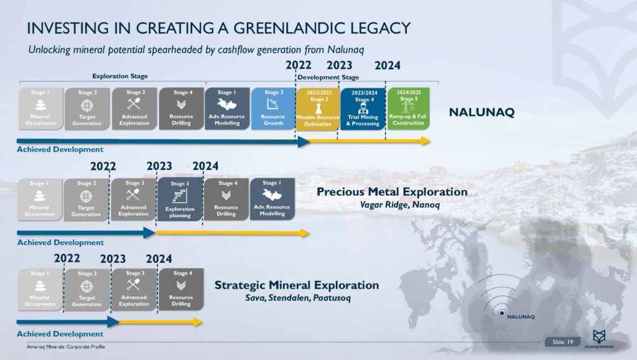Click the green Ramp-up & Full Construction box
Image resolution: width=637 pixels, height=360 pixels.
(x=408, y=108)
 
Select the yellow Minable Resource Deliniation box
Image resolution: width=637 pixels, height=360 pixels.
(x=318, y=108)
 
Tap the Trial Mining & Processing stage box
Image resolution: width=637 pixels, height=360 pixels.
(x=362, y=108)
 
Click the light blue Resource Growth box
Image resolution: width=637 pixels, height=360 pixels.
(x=273, y=108)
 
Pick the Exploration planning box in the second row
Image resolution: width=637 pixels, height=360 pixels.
(x=180, y=199)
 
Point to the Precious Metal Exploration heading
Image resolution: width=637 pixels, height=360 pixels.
(x=391, y=192)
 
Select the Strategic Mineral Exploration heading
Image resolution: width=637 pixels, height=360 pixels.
(x=297, y=285)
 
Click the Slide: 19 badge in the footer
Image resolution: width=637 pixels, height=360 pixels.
(x=562, y=341)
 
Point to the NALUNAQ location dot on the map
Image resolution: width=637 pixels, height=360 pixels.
(x=501, y=313)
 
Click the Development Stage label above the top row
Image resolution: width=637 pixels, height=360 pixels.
(x=328, y=77)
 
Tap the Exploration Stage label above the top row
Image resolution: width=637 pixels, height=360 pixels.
(x=120, y=76)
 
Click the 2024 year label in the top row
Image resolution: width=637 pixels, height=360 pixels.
(x=387, y=65)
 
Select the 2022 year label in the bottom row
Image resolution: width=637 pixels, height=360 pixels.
(x=67, y=259)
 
